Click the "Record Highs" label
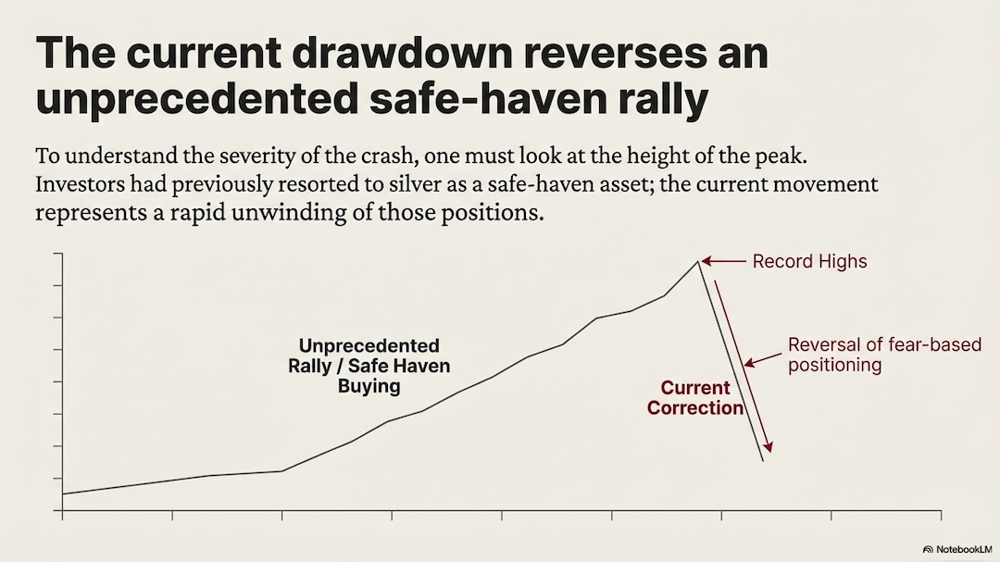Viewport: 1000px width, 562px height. pyautogui.click(x=809, y=261)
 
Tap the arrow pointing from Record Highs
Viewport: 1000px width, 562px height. pyautogui.click(x=726, y=262)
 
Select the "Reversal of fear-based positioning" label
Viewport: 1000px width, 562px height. pyautogui.click(x=883, y=355)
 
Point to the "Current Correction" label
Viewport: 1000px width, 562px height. pyautogui.click(x=695, y=398)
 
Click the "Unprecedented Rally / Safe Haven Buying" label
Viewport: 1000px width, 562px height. pyautogui.click(x=369, y=366)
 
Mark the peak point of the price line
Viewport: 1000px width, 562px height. pyautogui.click(x=699, y=262)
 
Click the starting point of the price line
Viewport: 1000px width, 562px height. pyautogui.click(x=62, y=494)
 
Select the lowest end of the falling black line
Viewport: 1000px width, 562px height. pyautogui.click(x=763, y=460)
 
